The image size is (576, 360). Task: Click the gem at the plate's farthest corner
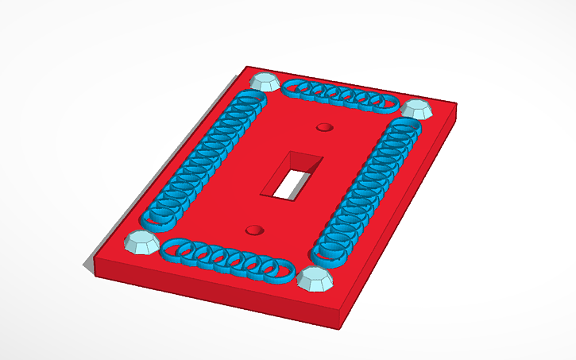[x=264, y=80]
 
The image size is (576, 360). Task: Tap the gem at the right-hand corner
[x=415, y=109]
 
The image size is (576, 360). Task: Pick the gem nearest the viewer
[x=315, y=279]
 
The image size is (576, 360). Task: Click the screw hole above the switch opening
[x=323, y=127]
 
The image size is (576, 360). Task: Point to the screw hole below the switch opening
[x=254, y=230]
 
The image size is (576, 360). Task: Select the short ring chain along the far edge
[x=339, y=95]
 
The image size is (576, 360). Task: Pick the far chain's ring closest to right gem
[x=385, y=103]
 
